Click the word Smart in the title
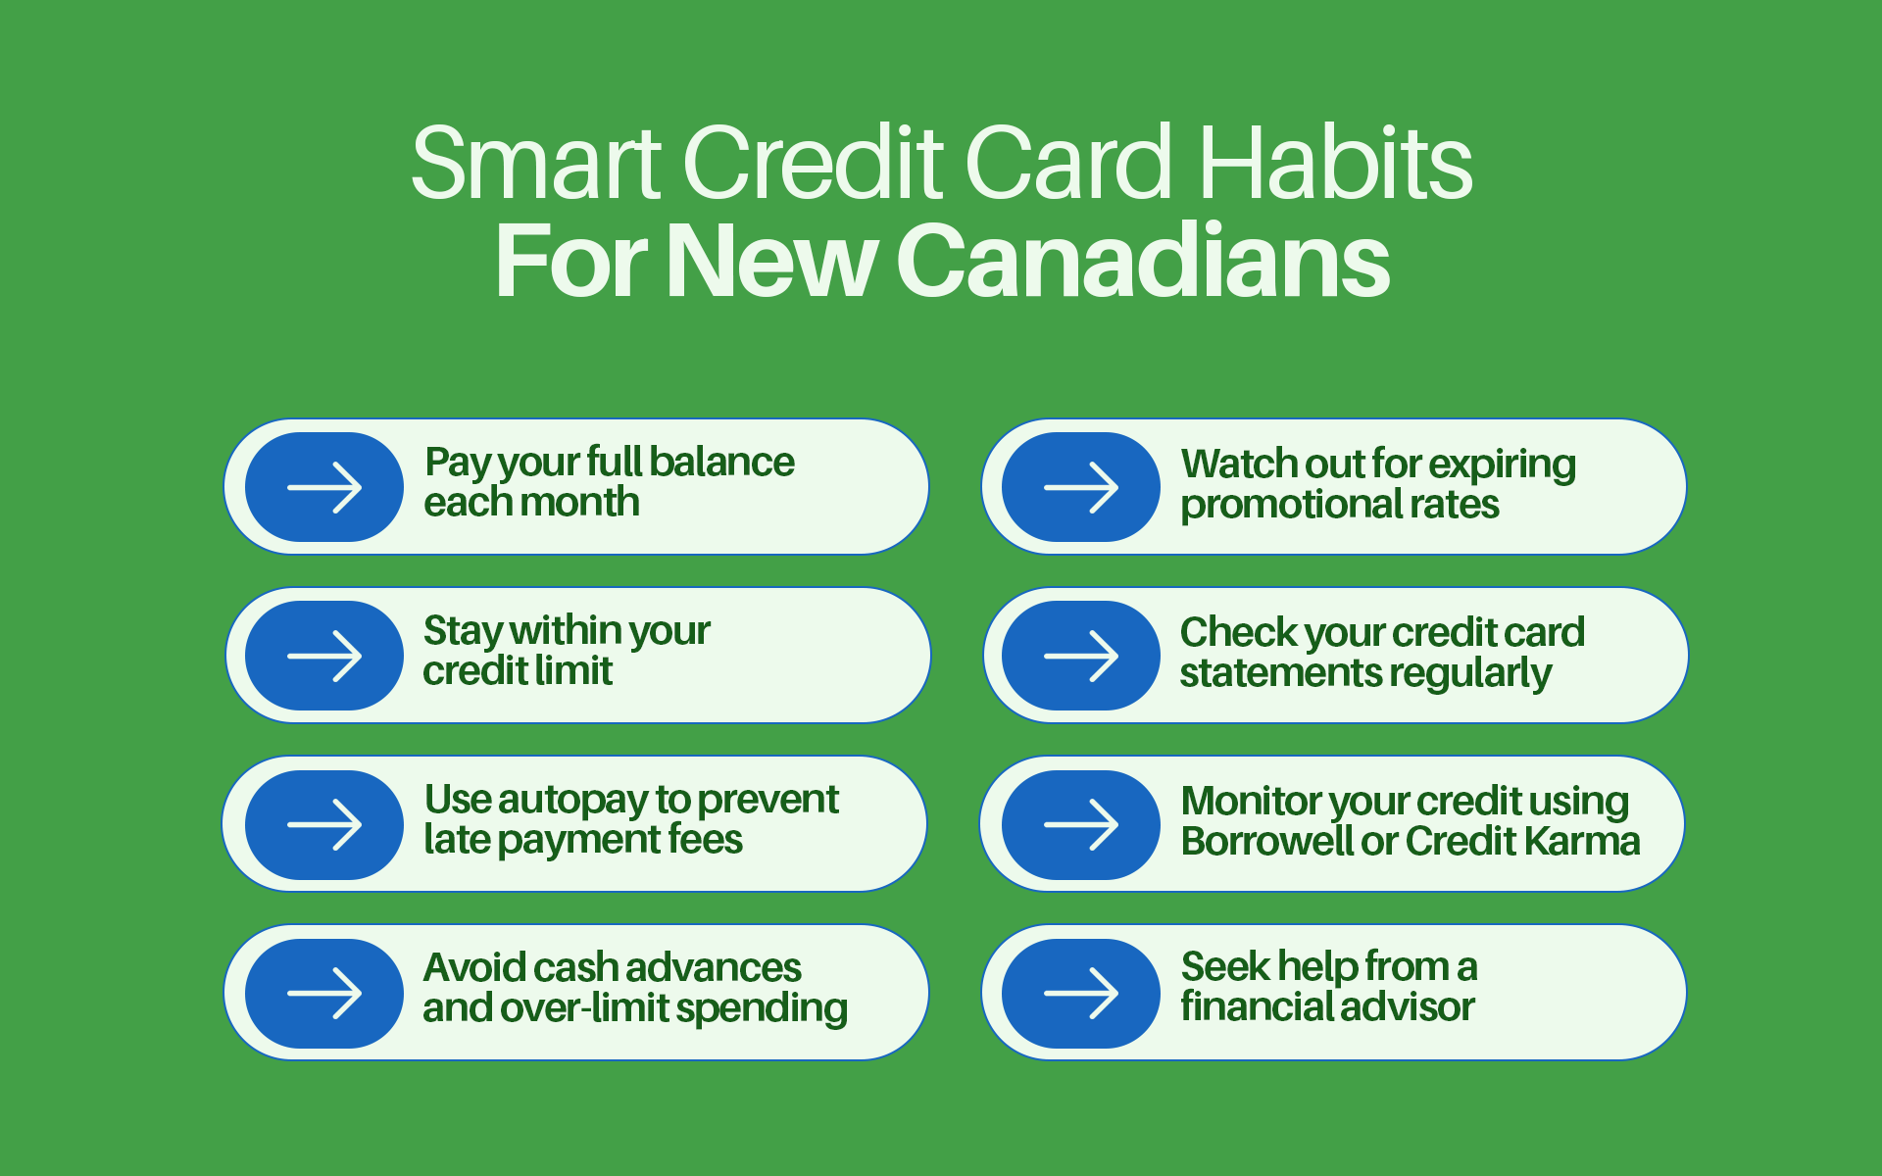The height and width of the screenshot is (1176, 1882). click(x=535, y=164)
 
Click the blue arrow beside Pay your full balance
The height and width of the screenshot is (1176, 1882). click(x=324, y=487)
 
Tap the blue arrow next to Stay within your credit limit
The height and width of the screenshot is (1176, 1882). click(x=324, y=656)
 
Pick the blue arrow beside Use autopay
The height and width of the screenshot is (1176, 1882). click(x=324, y=824)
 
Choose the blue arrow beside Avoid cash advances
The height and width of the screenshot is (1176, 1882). click(x=324, y=993)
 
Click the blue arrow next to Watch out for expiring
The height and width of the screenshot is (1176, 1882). click(x=1081, y=487)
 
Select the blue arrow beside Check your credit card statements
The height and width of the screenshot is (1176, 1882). click(x=1081, y=656)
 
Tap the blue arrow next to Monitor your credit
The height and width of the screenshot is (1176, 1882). click(x=1081, y=824)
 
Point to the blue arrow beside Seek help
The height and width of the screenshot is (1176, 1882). click(x=1081, y=993)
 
